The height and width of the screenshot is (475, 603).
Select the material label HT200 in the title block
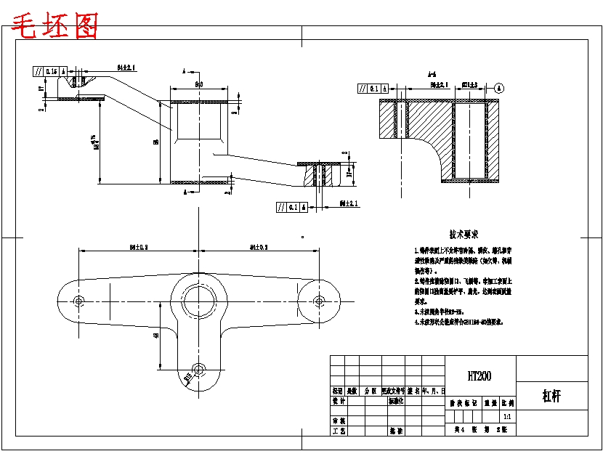[479, 376]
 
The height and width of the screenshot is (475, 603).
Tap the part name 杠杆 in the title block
[551, 397]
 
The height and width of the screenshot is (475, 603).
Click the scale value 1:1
[506, 417]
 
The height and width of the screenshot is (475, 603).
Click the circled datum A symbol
[499, 88]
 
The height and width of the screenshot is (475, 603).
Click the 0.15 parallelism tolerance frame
[50, 71]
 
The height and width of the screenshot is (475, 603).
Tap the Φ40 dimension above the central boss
[198, 85]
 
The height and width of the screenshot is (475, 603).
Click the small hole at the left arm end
[78, 300]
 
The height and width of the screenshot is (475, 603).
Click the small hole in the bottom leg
[198, 369]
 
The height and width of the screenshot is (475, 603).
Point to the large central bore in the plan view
[198, 299]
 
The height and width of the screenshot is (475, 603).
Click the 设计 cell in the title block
[338, 400]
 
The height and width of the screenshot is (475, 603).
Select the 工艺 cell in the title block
[338, 431]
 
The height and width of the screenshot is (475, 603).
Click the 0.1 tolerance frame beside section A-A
[372, 89]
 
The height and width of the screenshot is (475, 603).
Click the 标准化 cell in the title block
[397, 400]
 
